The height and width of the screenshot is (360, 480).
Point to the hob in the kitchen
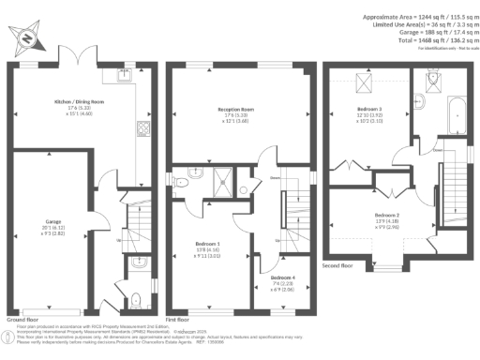coord(146,129)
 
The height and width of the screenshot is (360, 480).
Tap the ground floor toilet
coord(137,301)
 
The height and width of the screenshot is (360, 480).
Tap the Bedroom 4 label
coord(282,278)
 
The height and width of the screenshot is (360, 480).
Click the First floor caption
coord(181,319)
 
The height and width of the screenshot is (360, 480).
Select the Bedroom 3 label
coord(368,110)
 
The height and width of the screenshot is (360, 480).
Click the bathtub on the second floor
coord(460,116)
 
